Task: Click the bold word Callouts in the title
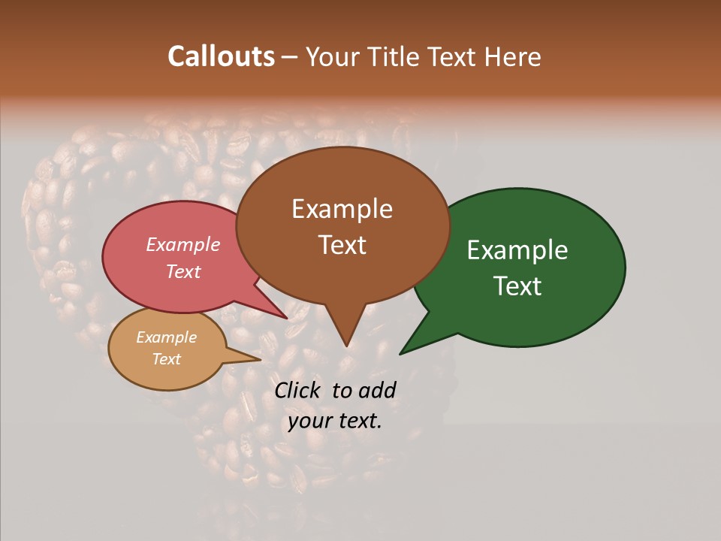pos(221,56)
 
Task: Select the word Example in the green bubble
pos(517,250)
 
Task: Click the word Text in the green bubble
pos(517,286)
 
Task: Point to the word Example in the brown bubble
pos(342,209)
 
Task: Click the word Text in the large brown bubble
pos(342,245)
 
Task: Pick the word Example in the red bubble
pos(183,244)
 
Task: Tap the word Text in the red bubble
pos(183,271)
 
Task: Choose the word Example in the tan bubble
pos(166,337)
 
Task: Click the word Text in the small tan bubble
pos(166,359)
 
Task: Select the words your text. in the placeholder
pos(335,421)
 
